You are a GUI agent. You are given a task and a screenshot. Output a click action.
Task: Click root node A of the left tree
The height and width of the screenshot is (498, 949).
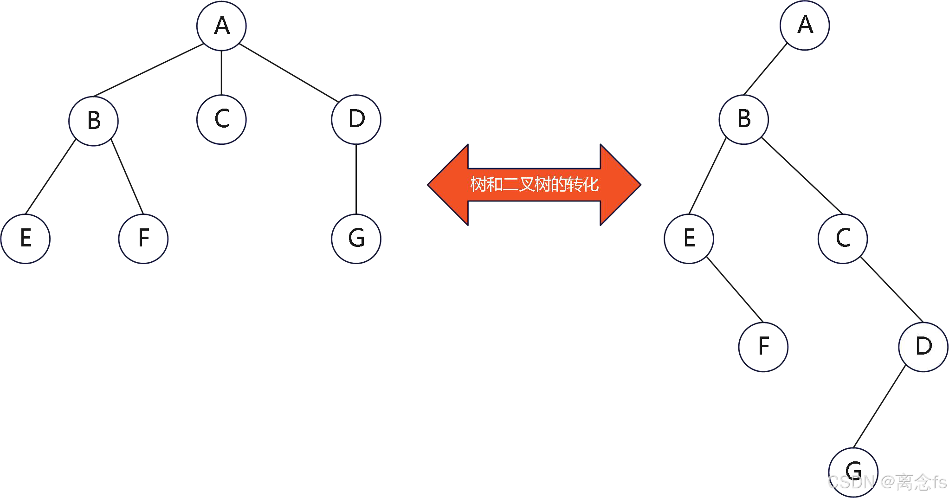coord(221,26)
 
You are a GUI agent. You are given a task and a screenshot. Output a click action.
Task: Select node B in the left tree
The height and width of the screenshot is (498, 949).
coord(93,121)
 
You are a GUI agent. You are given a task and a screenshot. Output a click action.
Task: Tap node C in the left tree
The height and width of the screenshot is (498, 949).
coord(221,119)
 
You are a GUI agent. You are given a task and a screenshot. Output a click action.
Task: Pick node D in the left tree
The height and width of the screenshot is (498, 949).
coord(356,119)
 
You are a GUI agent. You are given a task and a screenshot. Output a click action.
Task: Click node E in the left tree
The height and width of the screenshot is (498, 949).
coord(26,239)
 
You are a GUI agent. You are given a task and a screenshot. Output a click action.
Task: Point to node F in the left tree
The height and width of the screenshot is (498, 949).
coord(143,239)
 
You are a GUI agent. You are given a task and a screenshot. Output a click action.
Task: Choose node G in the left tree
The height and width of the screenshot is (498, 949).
coord(356,239)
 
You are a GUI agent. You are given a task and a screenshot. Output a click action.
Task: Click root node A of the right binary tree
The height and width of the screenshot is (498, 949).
coord(805,25)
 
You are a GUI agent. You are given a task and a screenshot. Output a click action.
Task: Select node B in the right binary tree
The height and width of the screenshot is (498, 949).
coord(743,119)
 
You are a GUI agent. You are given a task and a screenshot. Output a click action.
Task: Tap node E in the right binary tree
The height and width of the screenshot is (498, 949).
coord(689,239)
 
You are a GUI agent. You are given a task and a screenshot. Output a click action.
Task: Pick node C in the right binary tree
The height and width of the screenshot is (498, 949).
coord(843,239)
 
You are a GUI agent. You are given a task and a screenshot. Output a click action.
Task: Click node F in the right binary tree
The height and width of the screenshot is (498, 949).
coord(763,347)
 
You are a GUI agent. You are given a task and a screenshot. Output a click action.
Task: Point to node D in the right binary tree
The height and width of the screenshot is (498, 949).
coord(923,347)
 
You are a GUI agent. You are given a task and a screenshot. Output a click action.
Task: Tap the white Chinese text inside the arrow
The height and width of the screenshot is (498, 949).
coord(534,185)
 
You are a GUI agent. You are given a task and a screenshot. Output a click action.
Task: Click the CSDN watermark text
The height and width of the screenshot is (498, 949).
coord(886,482)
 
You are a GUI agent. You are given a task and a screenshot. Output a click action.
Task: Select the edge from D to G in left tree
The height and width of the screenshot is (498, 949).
coord(356,179)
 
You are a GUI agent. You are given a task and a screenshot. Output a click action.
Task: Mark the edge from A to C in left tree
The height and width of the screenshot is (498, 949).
coord(221,72)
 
